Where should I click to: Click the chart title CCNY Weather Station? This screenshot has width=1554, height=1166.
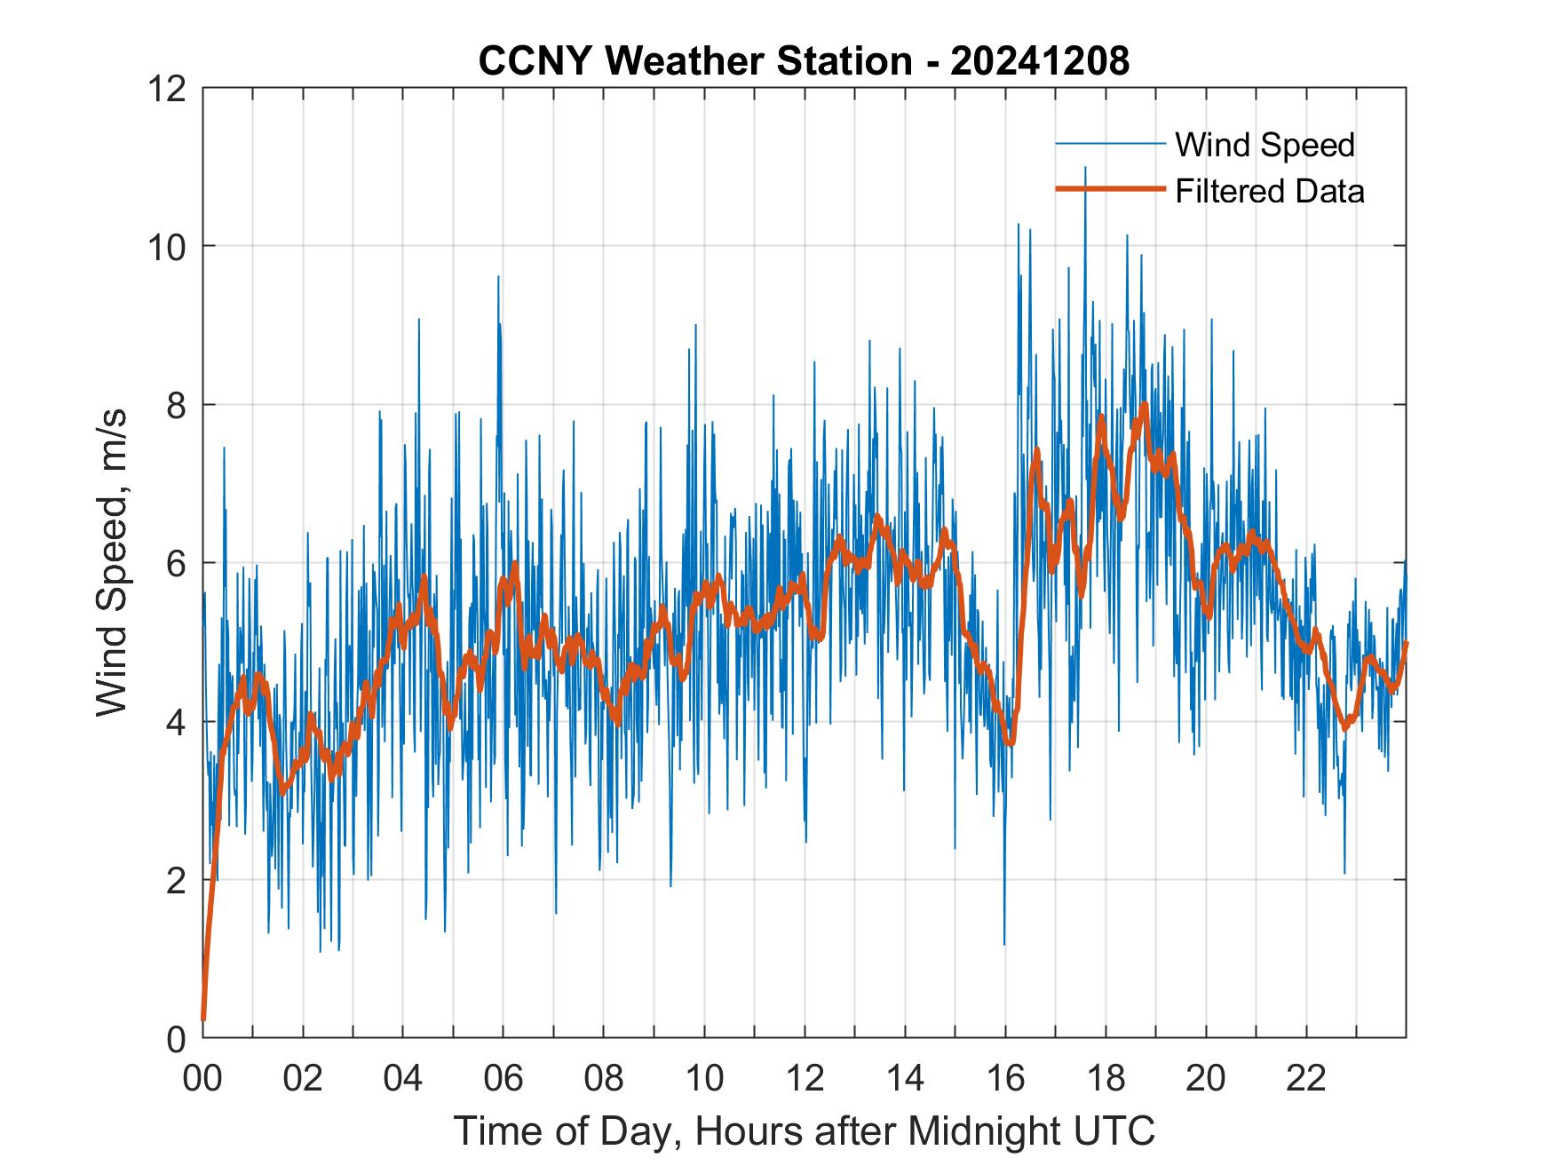tap(694, 61)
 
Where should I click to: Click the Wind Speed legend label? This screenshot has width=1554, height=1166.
tap(1265, 145)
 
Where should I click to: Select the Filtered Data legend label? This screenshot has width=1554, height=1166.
tap(1269, 191)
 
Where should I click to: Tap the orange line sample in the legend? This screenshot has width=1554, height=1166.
tap(1109, 189)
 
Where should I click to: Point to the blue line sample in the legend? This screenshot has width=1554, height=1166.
tap(1109, 144)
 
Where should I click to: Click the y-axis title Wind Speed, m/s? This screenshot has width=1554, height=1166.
tap(113, 562)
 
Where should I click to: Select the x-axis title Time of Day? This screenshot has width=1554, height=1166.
tap(804, 1131)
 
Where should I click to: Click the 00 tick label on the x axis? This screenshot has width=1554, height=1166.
tap(202, 1078)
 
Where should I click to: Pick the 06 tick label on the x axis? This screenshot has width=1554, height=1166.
tap(503, 1078)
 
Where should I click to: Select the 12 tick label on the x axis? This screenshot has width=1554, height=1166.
tap(805, 1078)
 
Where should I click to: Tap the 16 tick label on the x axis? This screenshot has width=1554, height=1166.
tap(1005, 1078)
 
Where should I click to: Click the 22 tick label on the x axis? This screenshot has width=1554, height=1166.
tap(1306, 1078)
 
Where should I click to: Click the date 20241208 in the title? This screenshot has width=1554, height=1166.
tap(1039, 61)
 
